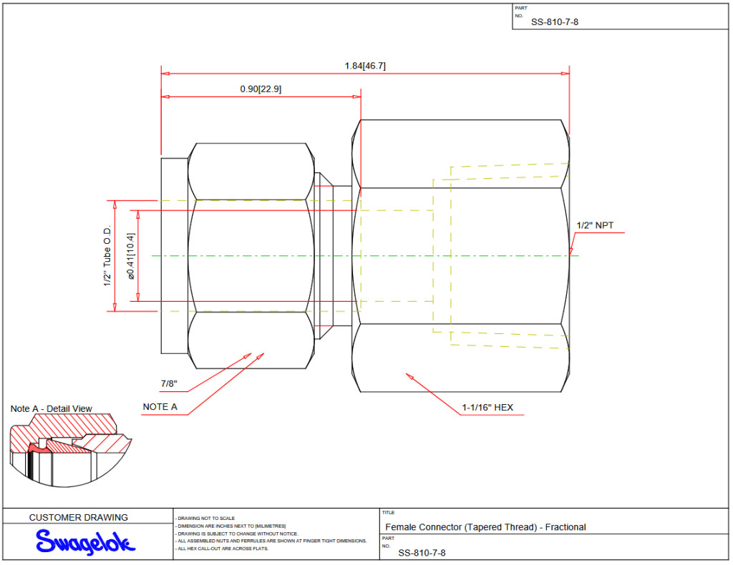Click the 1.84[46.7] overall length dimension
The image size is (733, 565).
pyautogui.click(x=365, y=66)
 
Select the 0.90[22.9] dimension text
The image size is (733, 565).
pyautogui.click(x=261, y=89)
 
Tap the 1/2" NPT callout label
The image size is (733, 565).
pyautogui.click(x=595, y=225)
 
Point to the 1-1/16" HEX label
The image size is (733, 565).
pyautogui.click(x=487, y=408)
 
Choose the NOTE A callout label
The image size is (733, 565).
pyautogui.click(x=160, y=406)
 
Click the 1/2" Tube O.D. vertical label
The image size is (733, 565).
pyautogui.click(x=107, y=255)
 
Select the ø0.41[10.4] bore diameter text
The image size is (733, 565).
pyautogui.click(x=130, y=255)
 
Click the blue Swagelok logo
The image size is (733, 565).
pyautogui.click(x=84, y=542)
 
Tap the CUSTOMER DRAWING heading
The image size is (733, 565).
pyautogui.click(x=79, y=517)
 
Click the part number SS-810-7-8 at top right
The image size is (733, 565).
pyautogui.click(x=555, y=21)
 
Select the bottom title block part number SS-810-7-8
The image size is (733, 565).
pyautogui.click(x=422, y=552)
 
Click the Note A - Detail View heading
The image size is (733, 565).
pyautogui.click(x=52, y=408)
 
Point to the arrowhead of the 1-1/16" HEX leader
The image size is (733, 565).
pyautogui.click(x=408, y=374)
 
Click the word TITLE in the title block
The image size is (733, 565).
pyautogui.click(x=389, y=512)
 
